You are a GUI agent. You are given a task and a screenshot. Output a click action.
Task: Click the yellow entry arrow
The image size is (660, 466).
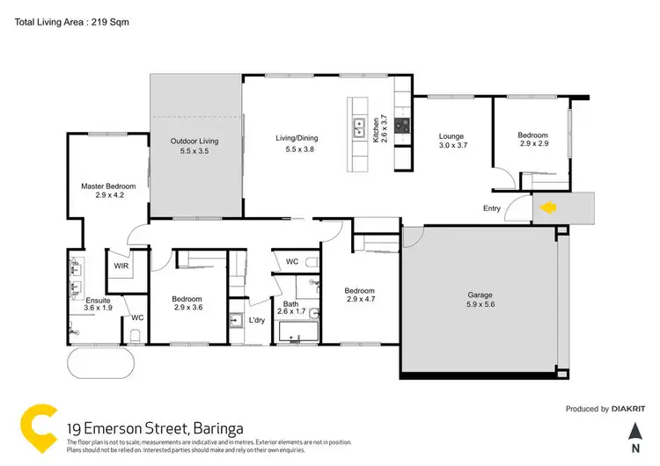(x=547, y=208)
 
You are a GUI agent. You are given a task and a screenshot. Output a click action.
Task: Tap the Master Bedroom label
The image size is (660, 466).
(x=108, y=186)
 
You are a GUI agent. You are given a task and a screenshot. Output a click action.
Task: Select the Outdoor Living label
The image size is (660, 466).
(x=194, y=141)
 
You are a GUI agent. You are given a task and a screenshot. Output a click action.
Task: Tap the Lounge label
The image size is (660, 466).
(x=451, y=136)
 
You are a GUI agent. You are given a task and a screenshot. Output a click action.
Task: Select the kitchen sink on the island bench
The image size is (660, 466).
(x=359, y=127)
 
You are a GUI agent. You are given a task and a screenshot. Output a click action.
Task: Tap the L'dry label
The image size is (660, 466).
(x=257, y=318)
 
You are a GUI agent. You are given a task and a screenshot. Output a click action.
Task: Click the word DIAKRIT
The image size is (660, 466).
(x=631, y=409)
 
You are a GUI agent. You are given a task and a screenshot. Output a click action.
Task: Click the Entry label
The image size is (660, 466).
(x=493, y=208)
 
